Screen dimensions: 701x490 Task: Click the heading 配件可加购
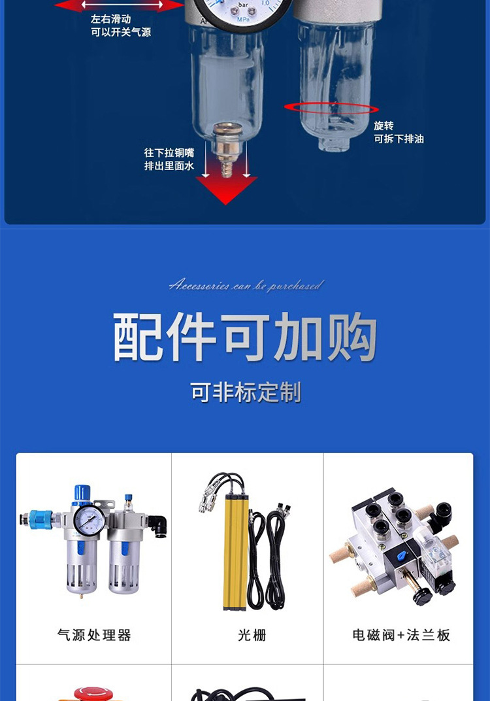[245, 337]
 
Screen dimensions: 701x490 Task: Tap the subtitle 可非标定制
[246, 393]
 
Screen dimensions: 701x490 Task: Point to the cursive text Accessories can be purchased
[246, 285]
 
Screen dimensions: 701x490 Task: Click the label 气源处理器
[94, 635]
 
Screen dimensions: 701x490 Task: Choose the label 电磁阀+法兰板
[401, 635]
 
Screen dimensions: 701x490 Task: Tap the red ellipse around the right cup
[331, 108]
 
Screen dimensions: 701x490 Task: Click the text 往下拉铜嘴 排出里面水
[169, 159]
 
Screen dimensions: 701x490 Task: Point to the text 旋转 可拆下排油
[399, 132]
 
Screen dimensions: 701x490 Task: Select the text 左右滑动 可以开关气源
[120, 26]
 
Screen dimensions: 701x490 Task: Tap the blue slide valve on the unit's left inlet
[40, 520]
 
